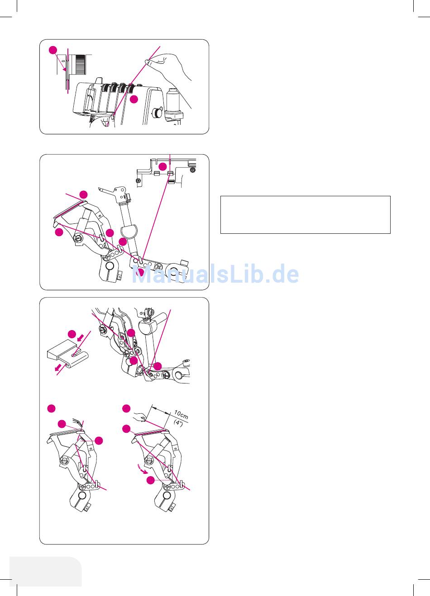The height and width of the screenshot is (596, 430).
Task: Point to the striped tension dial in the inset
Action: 81,64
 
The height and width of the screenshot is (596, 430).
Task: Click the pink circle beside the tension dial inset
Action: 53,50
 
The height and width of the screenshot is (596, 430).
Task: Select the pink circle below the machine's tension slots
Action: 134,99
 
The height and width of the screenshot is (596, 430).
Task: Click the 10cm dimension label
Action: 181,415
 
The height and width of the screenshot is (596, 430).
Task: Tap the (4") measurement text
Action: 178,422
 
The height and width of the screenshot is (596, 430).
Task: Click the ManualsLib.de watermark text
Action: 215,274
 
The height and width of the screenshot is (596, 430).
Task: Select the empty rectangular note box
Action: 306,215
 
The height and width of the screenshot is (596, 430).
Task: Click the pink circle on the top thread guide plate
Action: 162,167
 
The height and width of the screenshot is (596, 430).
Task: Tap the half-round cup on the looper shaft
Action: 129,231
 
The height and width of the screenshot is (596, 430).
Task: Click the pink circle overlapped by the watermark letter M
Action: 139,272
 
